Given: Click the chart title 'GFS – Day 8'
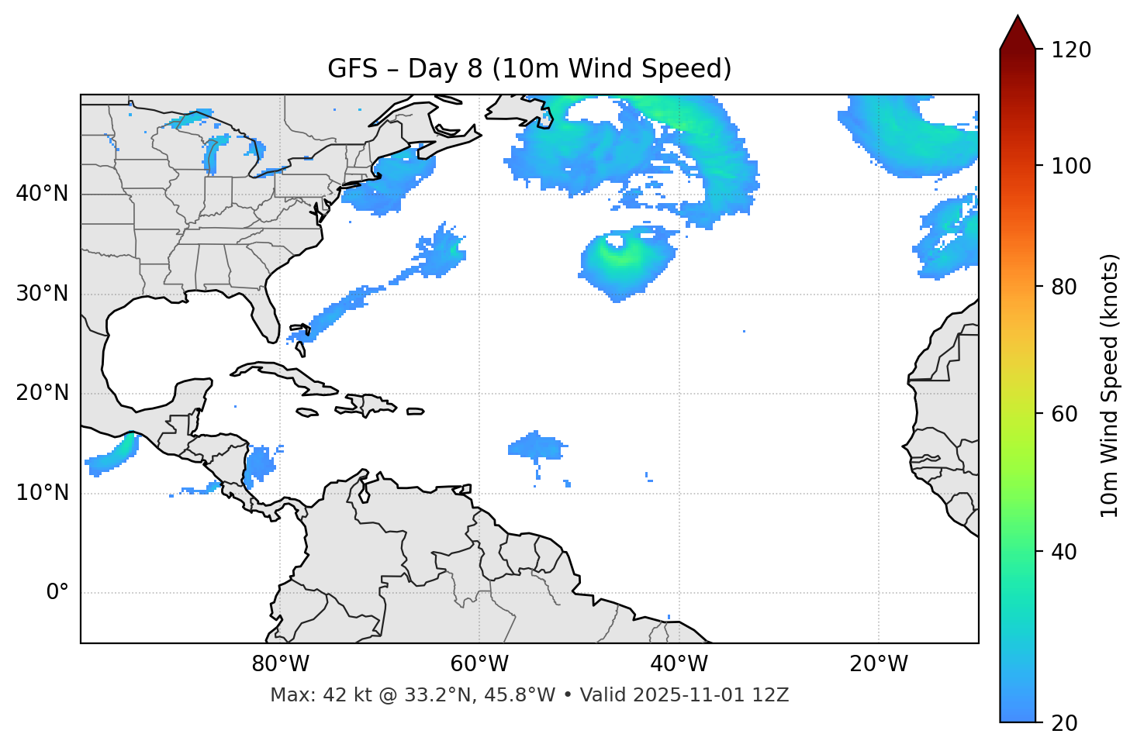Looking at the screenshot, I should coord(529,69).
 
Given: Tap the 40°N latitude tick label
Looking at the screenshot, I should coord(42,194).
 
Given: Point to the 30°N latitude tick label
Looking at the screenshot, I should coord(42,294).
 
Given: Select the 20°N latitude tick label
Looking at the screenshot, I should coord(42,394).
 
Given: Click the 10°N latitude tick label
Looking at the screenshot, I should coord(42,493).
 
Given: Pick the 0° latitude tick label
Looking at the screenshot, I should coord(57,593).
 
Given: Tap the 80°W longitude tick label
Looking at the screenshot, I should coord(280,664).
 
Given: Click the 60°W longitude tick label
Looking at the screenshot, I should coord(479,664).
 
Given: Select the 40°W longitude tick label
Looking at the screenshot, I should coord(679,664).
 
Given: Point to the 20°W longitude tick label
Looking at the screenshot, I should coord(879,664).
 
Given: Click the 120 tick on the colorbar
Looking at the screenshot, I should coord(1071,50).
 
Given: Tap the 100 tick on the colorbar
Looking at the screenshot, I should coord(1071,166).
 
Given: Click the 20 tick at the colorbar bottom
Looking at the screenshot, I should coord(1065,723).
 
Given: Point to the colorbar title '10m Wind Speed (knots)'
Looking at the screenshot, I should coord(1110,385).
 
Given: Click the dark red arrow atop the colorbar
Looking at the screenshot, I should coord(1018,33).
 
